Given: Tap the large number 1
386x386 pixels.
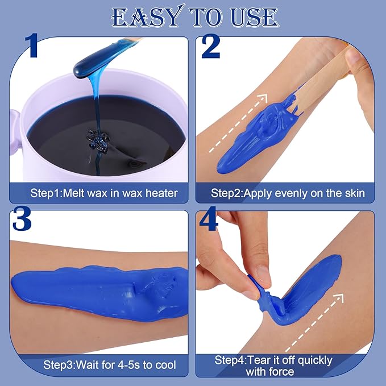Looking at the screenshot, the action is point(32,45).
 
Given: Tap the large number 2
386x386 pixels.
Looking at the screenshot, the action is point(210,46).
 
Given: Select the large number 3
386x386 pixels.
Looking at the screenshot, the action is point(22,219).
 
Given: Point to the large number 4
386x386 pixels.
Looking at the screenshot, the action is point(209,219).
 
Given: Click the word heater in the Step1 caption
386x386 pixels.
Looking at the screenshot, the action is point(161,193).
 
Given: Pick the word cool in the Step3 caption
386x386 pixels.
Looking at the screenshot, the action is point(165,364).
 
